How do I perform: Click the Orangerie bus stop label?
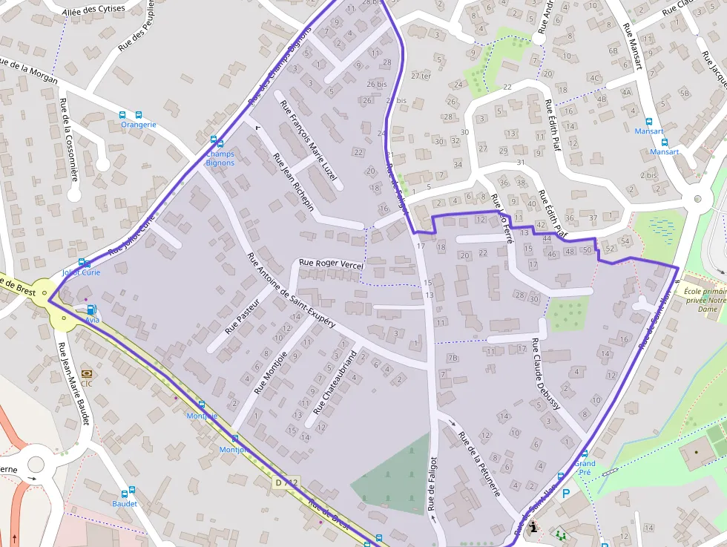tap(139, 125)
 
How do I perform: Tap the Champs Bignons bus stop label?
tap(220, 158)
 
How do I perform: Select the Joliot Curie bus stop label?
tap(81, 272)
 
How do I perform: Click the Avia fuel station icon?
tap(91, 309)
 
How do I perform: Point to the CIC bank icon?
tap(87, 373)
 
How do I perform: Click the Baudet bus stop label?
tap(125, 503)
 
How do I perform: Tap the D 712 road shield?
tap(287, 483)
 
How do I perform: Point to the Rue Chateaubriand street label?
tap(335, 381)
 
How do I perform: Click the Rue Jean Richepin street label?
tap(293, 182)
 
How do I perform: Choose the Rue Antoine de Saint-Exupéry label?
tap(291, 291)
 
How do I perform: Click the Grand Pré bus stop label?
tap(585, 468)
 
